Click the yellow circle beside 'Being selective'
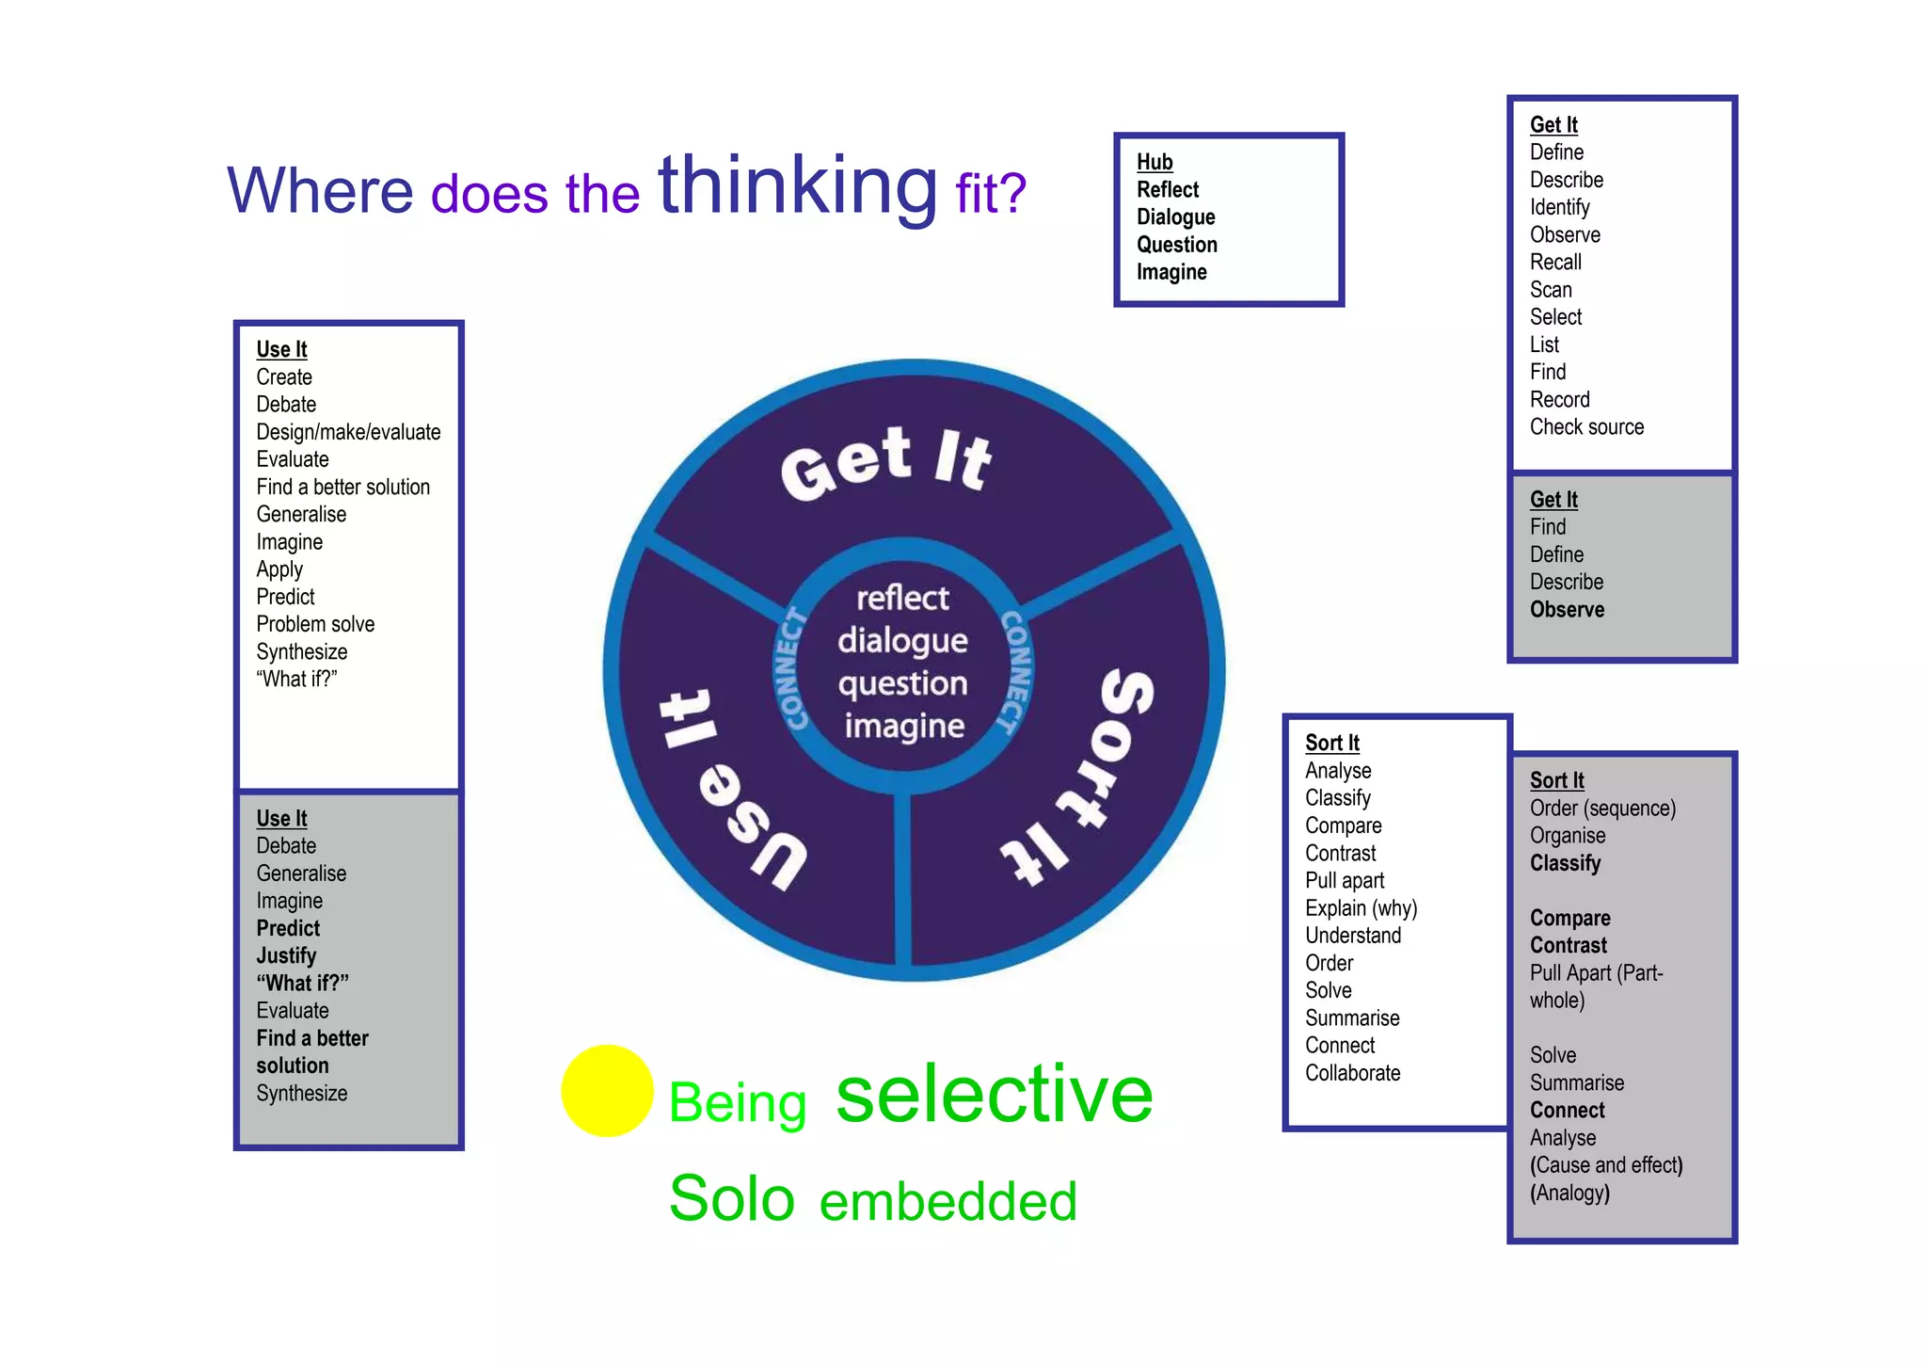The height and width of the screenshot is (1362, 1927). pos(607,1090)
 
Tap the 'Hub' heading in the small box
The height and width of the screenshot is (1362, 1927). pos(1155,162)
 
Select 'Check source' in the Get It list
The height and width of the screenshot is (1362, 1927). pos(1586,427)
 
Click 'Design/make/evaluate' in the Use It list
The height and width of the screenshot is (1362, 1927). pos(348,432)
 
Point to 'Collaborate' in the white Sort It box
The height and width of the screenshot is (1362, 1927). pos(1352,1073)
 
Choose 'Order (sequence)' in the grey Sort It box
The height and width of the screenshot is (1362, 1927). pos(1602,809)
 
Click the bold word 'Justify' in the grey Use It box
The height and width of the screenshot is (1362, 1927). pos(286,956)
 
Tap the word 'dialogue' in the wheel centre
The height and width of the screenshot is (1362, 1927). pos(902,641)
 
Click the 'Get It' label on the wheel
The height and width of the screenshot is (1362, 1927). pos(885,460)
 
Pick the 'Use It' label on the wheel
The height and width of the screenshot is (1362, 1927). pos(729,791)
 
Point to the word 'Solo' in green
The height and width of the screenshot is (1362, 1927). pos(732,1199)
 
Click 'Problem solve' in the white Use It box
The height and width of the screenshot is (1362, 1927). pos(315,625)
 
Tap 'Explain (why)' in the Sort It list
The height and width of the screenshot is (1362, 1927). pos(1361,908)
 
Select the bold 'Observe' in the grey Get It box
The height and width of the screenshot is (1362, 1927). pos(1567,610)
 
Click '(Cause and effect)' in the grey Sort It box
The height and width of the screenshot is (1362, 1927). pos(1606,1165)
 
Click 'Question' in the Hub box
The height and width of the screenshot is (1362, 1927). pos(1176,245)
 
